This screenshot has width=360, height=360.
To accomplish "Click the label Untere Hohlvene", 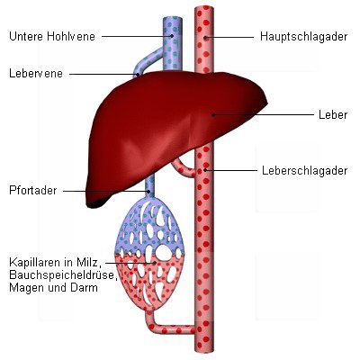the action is click(x=52, y=37).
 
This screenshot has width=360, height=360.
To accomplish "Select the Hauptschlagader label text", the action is click(x=304, y=37).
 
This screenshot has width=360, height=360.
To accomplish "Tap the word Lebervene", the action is click(x=36, y=74).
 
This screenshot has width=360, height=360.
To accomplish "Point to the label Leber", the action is click(x=333, y=114).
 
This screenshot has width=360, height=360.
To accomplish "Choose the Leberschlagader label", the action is click(x=305, y=170).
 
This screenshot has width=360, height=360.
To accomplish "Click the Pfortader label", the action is click(x=33, y=191).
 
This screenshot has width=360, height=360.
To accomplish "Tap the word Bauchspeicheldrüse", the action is click(x=63, y=275).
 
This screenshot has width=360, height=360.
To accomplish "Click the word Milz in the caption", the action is click(x=88, y=263).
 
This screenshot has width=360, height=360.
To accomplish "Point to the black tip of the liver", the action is click(x=95, y=205).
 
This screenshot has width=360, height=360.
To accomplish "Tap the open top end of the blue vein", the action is click(x=173, y=20).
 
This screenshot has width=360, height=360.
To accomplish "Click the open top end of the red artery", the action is click(x=204, y=8).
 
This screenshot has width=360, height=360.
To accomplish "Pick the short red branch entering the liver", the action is click(x=184, y=168).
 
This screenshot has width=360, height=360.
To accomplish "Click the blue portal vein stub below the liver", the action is click(x=149, y=186).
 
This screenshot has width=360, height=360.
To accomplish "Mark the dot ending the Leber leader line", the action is click(x=213, y=114).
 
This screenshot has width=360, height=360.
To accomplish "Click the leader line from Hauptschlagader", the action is click(x=229, y=38).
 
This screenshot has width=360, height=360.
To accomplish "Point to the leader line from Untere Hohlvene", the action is click(x=138, y=37).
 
